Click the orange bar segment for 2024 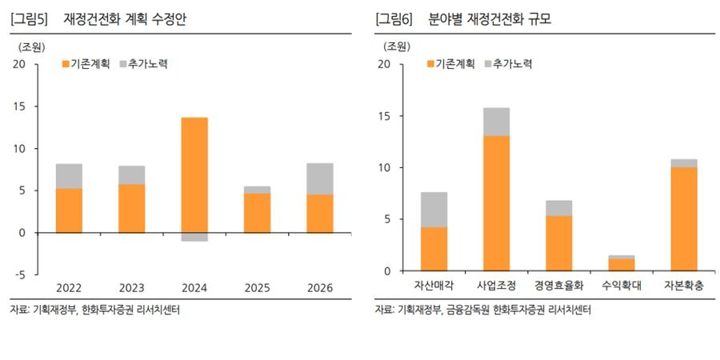[x=194, y=174]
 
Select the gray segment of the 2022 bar [x=68, y=176]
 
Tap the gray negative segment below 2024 [x=194, y=237]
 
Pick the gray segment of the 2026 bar [x=320, y=178]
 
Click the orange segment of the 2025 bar [x=257, y=213]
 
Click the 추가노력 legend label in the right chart [x=513, y=63]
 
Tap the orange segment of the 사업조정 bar [x=496, y=203]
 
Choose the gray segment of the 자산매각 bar [x=434, y=210]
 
